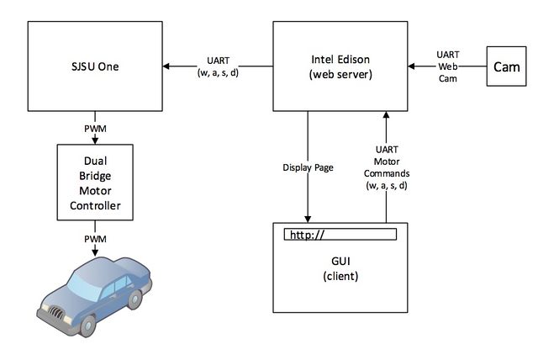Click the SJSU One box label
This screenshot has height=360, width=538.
[x=95, y=66]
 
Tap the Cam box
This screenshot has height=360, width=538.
[x=506, y=66]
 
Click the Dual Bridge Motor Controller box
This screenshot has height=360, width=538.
[x=95, y=183]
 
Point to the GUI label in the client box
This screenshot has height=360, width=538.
[x=340, y=261]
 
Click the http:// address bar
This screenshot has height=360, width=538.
[x=340, y=235]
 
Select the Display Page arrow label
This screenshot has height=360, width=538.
[x=308, y=167]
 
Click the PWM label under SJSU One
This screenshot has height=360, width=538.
[x=95, y=129]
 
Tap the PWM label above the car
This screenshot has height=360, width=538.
[x=95, y=239]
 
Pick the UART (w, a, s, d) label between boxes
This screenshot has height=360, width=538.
[x=218, y=66]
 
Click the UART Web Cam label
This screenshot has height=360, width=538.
[x=448, y=66]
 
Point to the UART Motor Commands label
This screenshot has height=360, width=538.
[x=387, y=167]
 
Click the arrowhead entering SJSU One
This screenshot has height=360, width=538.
[x=166, y=66]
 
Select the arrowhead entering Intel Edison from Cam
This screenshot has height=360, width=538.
[x=411, y=66]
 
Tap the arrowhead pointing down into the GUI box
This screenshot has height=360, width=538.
[x=308, y=219]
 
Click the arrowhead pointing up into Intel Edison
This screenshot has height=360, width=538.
[x=387, y=115]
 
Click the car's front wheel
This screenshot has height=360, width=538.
[x=87, y=326]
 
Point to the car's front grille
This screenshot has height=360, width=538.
[x=56, y=312]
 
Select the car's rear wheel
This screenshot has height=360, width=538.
[x=134, y=299]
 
